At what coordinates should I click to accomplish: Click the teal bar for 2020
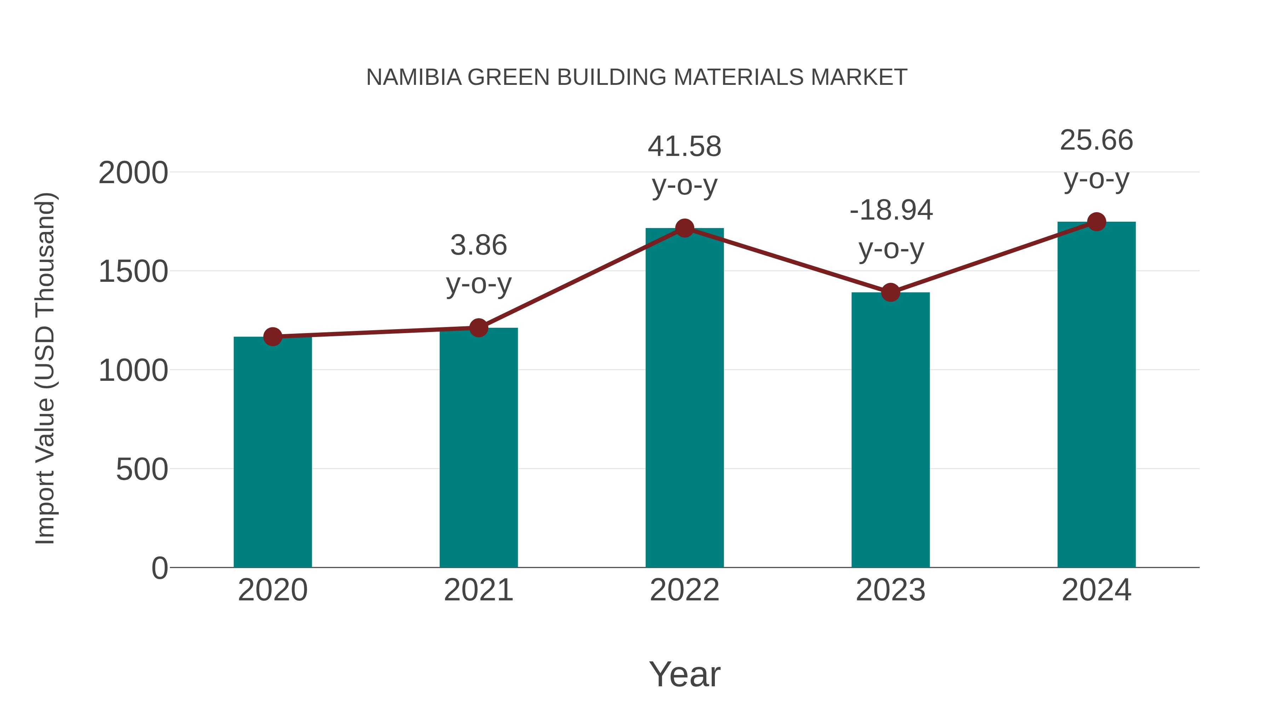tap(272, 452)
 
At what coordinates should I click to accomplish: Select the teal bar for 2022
tap(684, 398)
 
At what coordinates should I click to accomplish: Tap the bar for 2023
tap(890, 430)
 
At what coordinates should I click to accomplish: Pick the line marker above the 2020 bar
tap(272, 337)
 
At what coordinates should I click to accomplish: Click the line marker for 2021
tap(478, 328)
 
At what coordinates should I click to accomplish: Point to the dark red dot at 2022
tap(684, 228)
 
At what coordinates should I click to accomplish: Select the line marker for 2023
tap(890, 292)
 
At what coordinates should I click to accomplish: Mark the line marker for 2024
tap(1096, 222)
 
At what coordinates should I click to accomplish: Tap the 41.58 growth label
tap(684, 147)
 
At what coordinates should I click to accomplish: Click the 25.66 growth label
tap(1096, 140)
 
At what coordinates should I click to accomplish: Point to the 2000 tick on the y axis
tap(133, 174)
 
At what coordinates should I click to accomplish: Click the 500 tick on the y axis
tap(142, 470)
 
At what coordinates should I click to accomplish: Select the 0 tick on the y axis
tap(159, 568)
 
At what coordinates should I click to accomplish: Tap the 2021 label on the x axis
tap(478, 590)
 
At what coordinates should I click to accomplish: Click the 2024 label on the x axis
tap(1096, 590)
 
